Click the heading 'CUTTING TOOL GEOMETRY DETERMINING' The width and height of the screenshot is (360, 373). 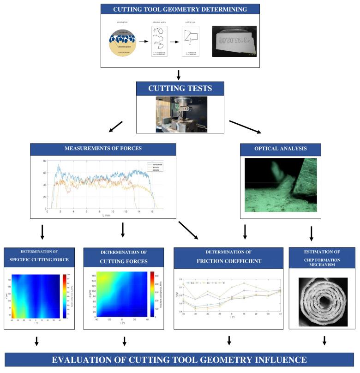(x=180, y=9)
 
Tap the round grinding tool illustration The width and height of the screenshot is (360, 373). (x=122, y=42)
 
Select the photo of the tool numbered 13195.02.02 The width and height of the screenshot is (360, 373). (x=234, y=41)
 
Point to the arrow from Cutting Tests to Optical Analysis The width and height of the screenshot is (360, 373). (x=245, y=127)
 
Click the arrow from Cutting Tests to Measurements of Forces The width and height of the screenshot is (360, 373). (x=116, y=127)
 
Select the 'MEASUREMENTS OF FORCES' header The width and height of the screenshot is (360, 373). (x=103, y=149)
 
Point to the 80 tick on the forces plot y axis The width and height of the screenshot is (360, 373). (x=45, y=161)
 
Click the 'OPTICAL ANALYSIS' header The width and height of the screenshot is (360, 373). (x=281, y=149)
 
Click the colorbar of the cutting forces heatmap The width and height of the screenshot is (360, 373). (x=152, y=295)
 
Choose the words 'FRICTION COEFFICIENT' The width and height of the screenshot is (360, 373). (x=228, y=261)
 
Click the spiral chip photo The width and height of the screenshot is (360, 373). (x=318, y=302)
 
